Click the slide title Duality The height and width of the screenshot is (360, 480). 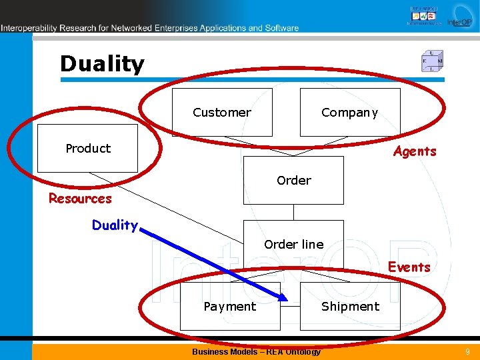(102, 64)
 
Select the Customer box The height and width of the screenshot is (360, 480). (222, 112)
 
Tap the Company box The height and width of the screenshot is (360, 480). (349, 112)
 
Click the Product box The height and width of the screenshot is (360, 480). (87, 148)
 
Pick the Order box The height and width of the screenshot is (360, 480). (293, 180)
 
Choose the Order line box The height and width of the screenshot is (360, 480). (293, 244)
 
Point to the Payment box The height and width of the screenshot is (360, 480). (229, 306)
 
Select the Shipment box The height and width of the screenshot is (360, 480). (350, 306)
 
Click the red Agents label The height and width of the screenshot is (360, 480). (415, 151)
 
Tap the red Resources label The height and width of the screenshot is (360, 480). (80, 199)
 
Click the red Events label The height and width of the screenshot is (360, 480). (409, 267)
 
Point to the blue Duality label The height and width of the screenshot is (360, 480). (115, 225)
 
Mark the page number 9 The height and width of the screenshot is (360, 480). (467, 351)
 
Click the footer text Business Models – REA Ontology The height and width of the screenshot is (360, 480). (256, 351)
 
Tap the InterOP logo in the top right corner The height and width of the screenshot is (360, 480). (459, 17)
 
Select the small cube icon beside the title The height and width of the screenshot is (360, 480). (432, 61)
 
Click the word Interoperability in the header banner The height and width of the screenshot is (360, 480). (29, 28)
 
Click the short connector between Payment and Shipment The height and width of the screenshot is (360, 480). (290, 306)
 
